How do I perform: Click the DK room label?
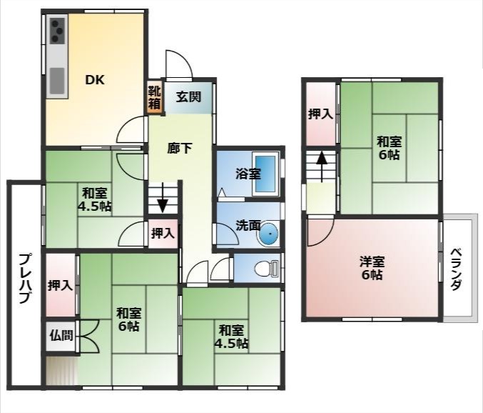coord(95,80)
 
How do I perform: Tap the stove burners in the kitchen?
coord(58,31)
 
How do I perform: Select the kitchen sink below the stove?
coord(57,81)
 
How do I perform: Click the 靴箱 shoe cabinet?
coord(155,97)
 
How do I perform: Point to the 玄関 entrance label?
coord(188,97)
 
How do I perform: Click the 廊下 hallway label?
coord(180,149)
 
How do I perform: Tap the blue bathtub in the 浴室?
coord(265,174)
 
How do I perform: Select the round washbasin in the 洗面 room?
coord(268,234)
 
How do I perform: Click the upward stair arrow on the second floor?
coord(322,166)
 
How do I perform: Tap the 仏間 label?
coord(61,335)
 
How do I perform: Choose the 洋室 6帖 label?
coord(372,268)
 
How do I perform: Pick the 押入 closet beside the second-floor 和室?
coord(320,114)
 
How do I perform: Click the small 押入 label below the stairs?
coord(163,234)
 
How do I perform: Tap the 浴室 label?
coord(248,174)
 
